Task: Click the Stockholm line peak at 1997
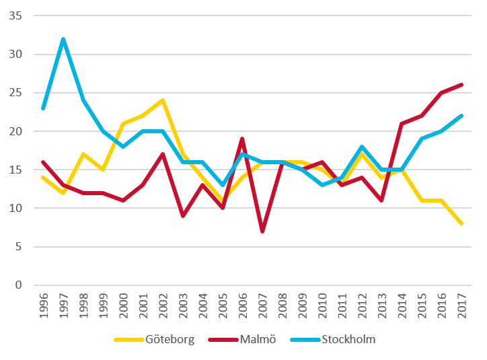click(63, 38)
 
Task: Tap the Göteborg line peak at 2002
click(162, 100)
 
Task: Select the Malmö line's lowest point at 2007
click(261, 231)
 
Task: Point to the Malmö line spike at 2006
click(241, 139)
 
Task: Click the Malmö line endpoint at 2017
click(461, 85)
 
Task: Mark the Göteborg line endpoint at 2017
click(461, 223)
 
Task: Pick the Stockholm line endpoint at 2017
click(461, 115)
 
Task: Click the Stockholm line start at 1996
click(43, 108)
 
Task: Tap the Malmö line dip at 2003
click(182, 216)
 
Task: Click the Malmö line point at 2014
click(401, 123)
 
